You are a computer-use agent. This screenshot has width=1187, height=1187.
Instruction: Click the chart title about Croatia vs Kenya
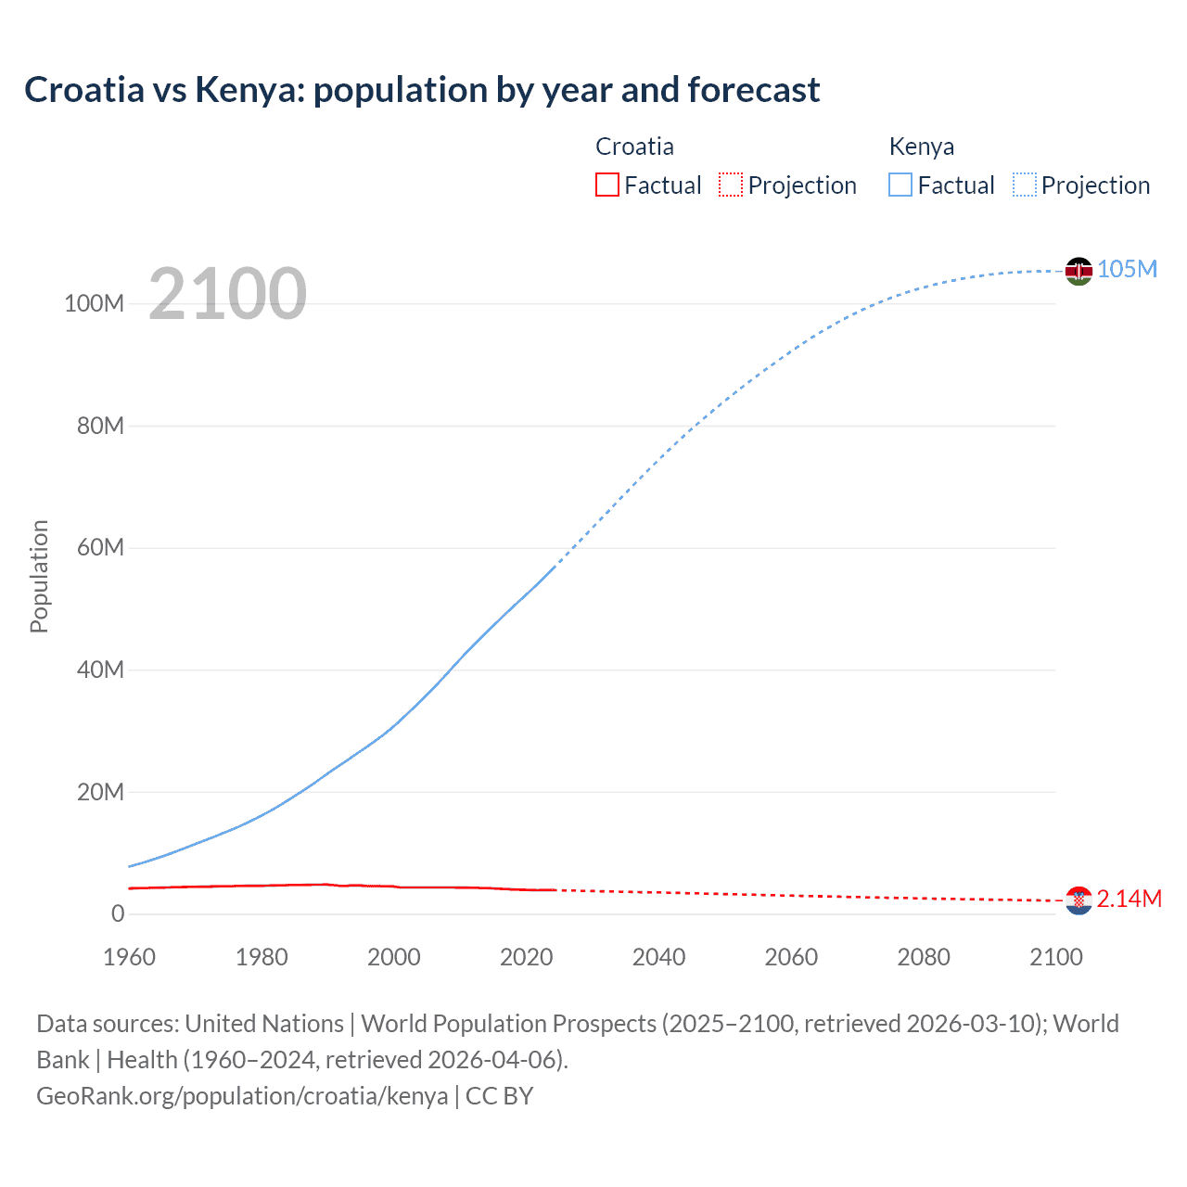[x=422, y=90]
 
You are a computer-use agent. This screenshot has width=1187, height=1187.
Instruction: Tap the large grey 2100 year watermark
[x=227, y=294]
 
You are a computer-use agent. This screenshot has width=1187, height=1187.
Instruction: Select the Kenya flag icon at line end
[x=1079, y=271]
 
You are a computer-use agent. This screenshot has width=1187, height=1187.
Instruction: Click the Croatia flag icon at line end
[x=1079, y=900]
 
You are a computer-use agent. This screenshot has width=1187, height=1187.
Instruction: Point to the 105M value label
[x=1127, y=269]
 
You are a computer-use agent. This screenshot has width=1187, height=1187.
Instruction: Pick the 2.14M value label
[x=1129, y=899]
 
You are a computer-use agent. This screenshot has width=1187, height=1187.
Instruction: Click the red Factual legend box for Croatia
[x=606, y=185]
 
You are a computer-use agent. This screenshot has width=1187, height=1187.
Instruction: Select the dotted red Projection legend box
[x=731, y=185]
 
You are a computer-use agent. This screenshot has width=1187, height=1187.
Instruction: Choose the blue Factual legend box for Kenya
[x=900, y=185]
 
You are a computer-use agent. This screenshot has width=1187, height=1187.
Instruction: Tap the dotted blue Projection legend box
[x=1025, y=185]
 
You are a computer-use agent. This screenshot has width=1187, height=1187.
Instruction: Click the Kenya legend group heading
[x=921, y=147]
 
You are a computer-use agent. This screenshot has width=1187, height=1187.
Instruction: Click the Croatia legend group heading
[x=634, y=147]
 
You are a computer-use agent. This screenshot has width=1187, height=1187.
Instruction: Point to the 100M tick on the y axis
[x=94, y=304]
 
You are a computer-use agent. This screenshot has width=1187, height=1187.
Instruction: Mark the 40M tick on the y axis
[x=100, y=670]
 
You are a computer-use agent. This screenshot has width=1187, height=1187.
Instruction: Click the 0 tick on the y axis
[x=118, y=913]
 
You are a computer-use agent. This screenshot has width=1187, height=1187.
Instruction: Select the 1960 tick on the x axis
[x=129, y=957]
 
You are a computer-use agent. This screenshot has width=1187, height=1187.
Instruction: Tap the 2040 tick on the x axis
[x=658, y=957]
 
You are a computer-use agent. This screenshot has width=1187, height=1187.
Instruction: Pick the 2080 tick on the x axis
[x=924, y=957]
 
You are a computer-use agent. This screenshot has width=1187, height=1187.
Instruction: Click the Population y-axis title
[x=39, y=576]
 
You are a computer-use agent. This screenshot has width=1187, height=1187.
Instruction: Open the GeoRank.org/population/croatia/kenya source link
[x=242, y=1096]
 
